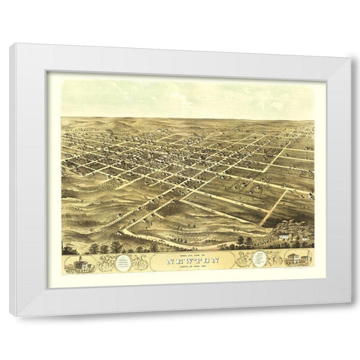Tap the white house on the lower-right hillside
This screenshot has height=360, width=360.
pos(283,237)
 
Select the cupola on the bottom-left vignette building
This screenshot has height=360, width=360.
pos(78,256)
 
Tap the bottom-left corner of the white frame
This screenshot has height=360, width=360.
pos(10,315)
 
